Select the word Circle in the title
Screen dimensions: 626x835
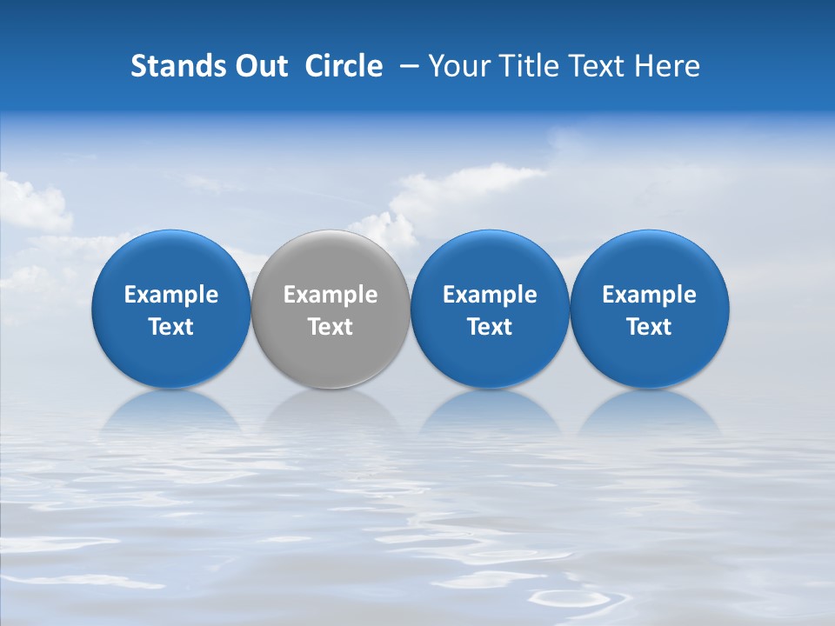point(344,66)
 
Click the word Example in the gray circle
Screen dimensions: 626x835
point(331,295)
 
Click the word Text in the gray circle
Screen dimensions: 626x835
point(331,327)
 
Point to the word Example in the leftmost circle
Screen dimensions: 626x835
point(171,295)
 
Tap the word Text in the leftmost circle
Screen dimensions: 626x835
point(171,327)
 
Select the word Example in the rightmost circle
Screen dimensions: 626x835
point(650,295)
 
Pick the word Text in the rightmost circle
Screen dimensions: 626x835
point(650,327)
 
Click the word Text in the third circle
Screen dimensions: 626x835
point(490,327)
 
